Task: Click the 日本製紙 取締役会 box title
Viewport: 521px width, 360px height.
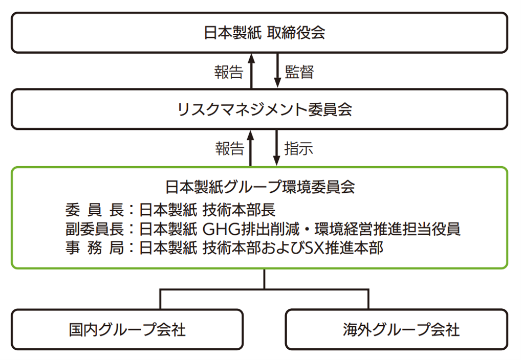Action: (x=265, y=33)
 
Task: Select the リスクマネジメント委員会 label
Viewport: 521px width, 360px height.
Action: (x=264, y=109)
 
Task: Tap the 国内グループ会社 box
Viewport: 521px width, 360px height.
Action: (x=127, y=330)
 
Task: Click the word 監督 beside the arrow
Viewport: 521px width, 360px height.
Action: (x=299, y=72)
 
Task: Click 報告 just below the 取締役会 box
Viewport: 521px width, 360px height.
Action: (x=228, y=72)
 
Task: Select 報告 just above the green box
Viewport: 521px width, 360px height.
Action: (x=229, y=149)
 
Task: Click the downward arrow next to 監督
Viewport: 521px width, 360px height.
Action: (x=277, y=71)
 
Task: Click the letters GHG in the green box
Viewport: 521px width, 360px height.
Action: (x=218, y=229)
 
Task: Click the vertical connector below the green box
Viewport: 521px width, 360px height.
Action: (x=265, y=279)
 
